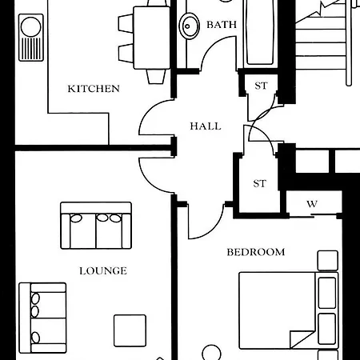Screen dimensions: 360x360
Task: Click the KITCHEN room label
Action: [x=94, y=88]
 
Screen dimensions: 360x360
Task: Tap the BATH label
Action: [x=222, y=25]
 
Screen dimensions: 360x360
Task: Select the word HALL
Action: [x=205, y=126]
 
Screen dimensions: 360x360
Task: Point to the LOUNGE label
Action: [x=102, y=270]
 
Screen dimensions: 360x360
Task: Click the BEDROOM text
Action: [x=255, y=252]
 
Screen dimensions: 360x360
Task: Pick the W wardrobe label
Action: [x=312, y=204]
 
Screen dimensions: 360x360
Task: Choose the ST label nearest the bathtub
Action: [x=260, y=86]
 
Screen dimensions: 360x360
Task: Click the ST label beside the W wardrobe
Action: [x=259, y=183]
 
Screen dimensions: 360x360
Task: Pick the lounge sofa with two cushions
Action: [x=95, y=226]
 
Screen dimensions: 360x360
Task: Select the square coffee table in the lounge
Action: [x=130, y=330]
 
